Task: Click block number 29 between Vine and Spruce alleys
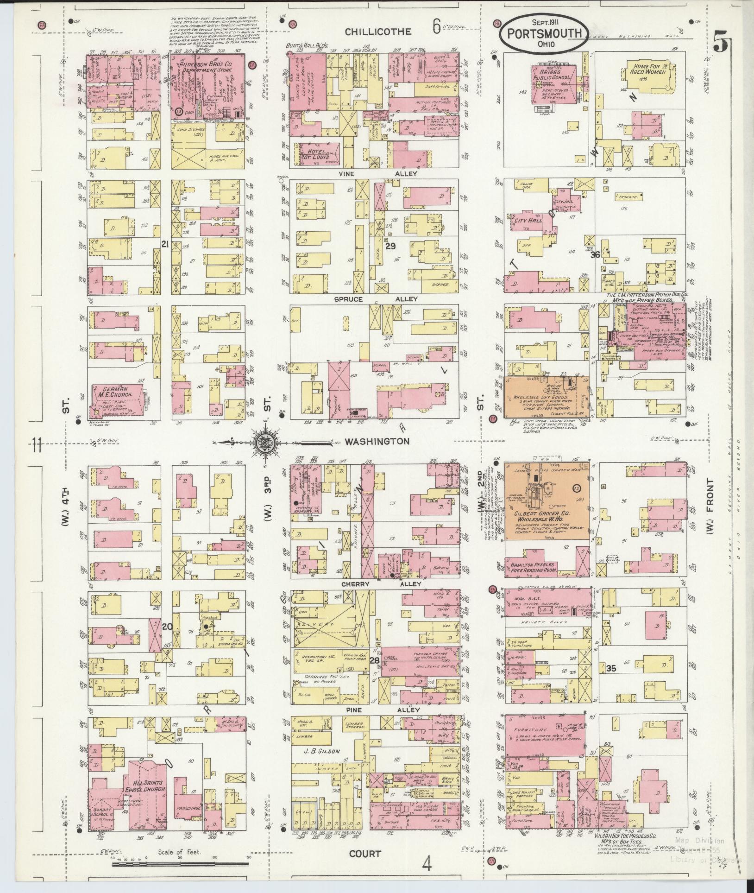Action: pos(390,246)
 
